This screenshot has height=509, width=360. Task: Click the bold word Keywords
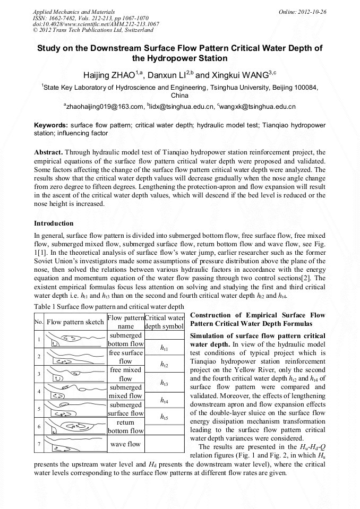coord(50,125)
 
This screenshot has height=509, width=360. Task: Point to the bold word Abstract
coord(48,152)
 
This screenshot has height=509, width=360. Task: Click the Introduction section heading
coord(54,223)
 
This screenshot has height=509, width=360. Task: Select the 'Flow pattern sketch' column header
coord(75,322)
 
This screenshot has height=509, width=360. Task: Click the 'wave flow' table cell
coord(125,444)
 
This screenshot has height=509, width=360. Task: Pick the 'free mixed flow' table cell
coord(125,374)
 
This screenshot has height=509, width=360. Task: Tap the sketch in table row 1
coord(75,339)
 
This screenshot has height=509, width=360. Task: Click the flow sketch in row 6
coord(75,426)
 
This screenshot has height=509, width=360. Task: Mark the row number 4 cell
coord(39,391)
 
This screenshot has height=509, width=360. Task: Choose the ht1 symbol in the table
coord(164,348)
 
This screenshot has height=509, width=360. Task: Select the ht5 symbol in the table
coord(164,417)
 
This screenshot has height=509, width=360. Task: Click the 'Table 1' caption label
coord(45,306)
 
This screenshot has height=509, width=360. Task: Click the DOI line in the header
coord(96,24)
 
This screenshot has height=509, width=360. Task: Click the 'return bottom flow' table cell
coord(125,426)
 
